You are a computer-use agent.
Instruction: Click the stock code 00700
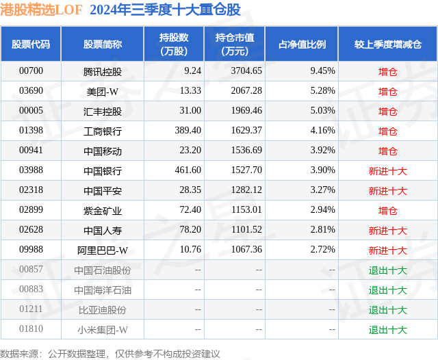coord(31,70)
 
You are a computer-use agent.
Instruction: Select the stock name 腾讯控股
coord(102,70)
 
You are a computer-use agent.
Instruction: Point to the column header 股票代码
coord(31,44)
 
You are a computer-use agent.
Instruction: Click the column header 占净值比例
coord(302,44)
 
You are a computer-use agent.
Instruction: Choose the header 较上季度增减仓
coord(387,44)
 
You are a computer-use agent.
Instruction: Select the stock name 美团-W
coord(102,90)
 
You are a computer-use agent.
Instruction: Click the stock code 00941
coord(31,151)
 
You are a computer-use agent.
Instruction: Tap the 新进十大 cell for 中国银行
coord(387,170)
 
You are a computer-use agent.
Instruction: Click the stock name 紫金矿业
coord(102,210)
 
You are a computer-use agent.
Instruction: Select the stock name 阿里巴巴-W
coord(102,250)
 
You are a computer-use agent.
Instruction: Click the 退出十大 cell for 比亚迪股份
coord(387,310)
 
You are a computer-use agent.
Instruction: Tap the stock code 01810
coord(31,330)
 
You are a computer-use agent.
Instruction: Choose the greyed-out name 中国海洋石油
coord(102,290)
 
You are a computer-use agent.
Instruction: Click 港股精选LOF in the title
coord(42,10)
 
